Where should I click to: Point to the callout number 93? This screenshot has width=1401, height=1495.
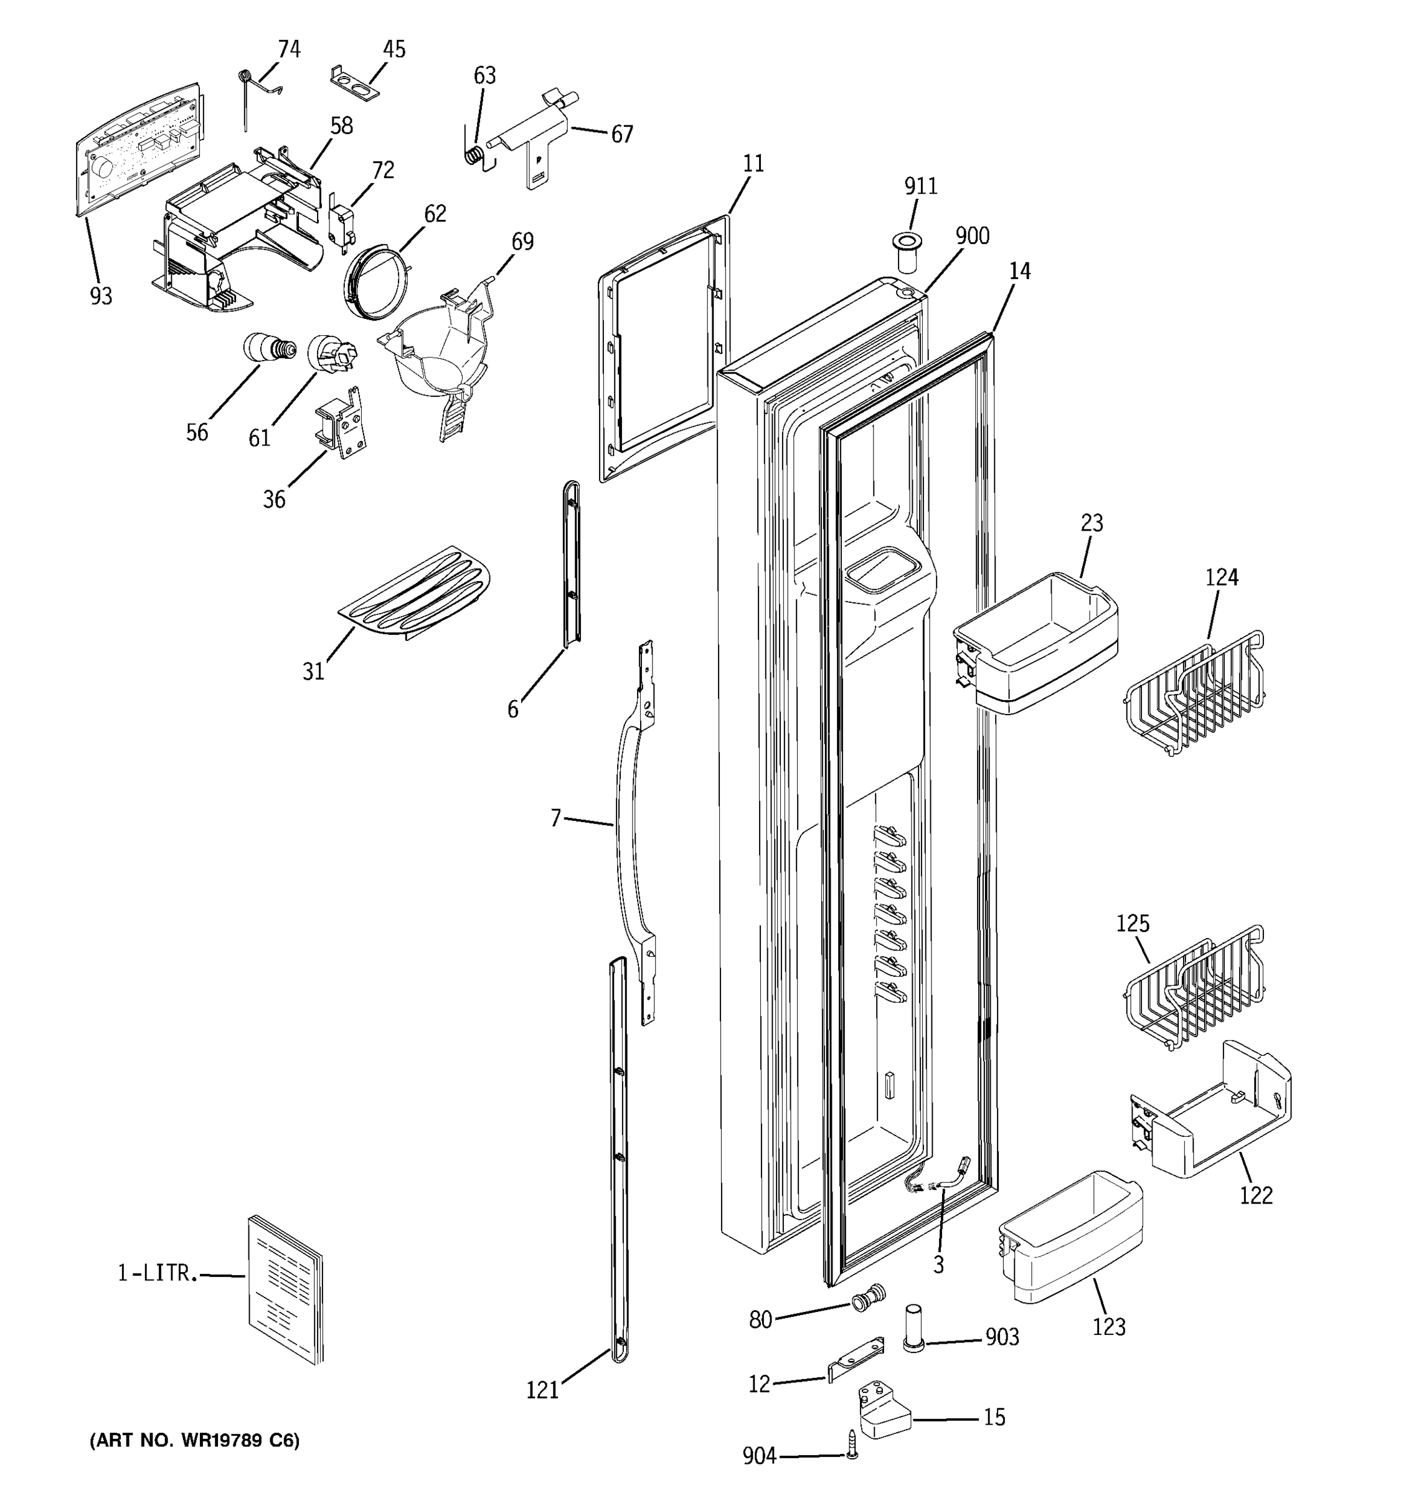[101, 297]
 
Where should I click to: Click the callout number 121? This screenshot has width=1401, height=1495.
[542, 1390]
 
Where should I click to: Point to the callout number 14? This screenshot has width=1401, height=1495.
[1019, 272]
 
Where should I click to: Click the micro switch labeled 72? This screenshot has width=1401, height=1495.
[341, 226]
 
